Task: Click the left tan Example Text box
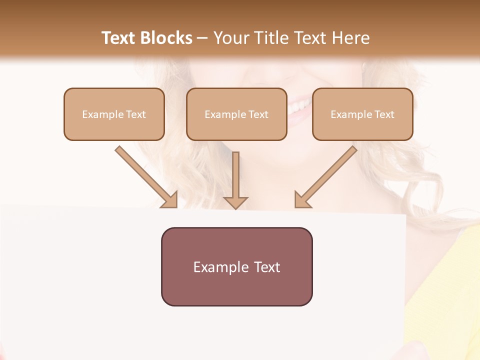coord(114,114)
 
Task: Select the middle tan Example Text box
coord(236,114)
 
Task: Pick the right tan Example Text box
coord(362,114)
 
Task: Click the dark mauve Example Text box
coord(236,266)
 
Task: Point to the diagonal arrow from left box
coord(145,176)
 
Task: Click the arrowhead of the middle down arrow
coord(235,202)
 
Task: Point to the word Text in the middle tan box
coord(258,114)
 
